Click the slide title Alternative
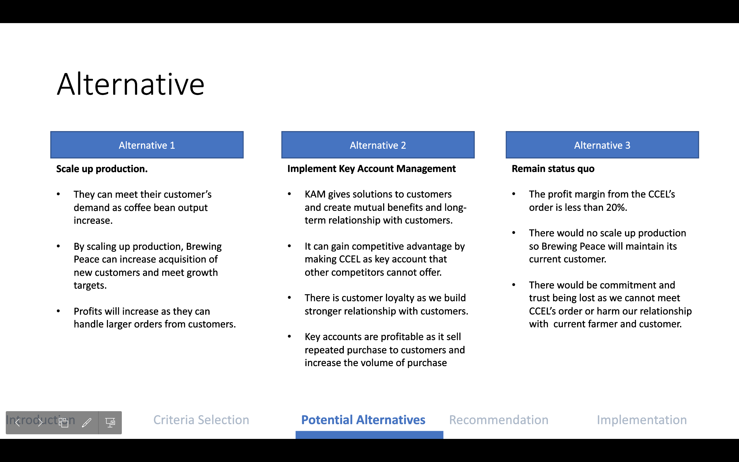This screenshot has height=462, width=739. pos(131,84)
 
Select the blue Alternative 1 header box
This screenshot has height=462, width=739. pos(147,145)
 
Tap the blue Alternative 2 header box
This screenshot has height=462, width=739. pos(378,145)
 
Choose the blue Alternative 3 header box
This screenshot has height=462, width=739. pos(602,145)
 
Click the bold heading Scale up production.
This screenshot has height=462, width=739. pos(102,169)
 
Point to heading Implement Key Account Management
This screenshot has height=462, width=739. pos(371,169)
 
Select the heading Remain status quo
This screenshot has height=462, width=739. pos(553,169)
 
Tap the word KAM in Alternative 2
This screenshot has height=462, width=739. pos(315,194)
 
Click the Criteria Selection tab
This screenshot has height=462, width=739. pos(201,420)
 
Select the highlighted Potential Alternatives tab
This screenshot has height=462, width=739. pos(363,420)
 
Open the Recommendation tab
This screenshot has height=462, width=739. pos(498,420)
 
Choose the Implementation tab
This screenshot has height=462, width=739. pos(642,420)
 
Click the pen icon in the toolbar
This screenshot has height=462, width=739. pos(87,422)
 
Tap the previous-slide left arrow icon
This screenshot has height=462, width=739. pos(18,422)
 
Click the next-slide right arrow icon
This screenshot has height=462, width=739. pos(40,422)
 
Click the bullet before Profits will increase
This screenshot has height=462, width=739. pos(58,311)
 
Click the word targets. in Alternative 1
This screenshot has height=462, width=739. pos(90,285)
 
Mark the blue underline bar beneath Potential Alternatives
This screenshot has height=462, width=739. pos(369,435)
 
